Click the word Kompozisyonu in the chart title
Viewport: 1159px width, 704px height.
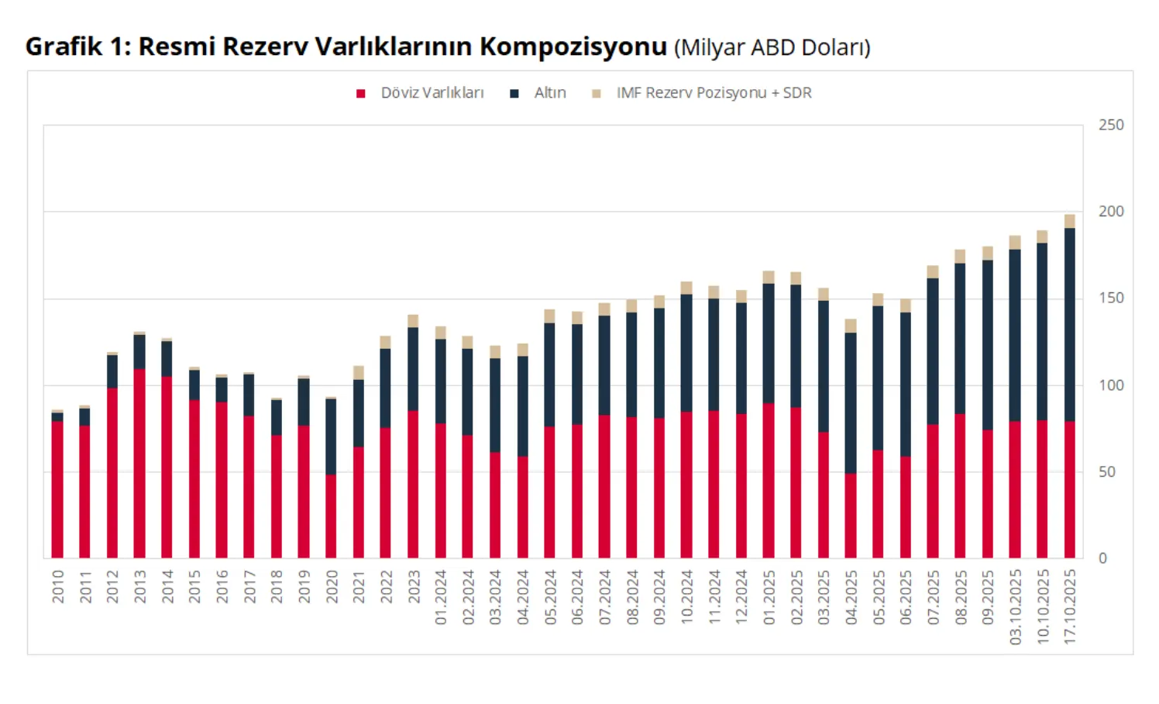click(573, 47)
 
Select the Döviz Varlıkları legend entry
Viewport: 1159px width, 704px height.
click(432, 93)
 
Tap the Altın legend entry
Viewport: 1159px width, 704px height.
click(549, 93)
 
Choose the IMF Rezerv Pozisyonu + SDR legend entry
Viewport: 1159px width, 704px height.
click(714, 93)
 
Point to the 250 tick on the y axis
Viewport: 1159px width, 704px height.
click(1111, 125)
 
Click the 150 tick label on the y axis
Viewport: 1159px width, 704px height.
click(1111, 299)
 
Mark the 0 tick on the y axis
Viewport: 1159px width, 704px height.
click(1103, 558)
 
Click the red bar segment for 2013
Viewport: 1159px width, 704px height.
click(139, 464)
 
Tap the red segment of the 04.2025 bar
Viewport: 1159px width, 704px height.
click(851, 516)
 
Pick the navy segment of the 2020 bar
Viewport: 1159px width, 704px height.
click(331, 437)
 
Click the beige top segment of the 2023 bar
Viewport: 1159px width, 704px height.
click(413, 321)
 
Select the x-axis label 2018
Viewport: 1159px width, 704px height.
click(277, 587)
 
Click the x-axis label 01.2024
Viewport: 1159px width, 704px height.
click(441, 598)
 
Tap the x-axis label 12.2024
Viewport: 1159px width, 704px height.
click(741, 598)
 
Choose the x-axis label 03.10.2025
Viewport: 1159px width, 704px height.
click(1015, 607)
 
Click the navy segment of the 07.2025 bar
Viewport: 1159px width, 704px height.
click(933, 351)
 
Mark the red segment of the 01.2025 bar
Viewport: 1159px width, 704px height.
click(769, 481)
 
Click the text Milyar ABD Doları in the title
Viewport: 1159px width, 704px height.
click(772, 48)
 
